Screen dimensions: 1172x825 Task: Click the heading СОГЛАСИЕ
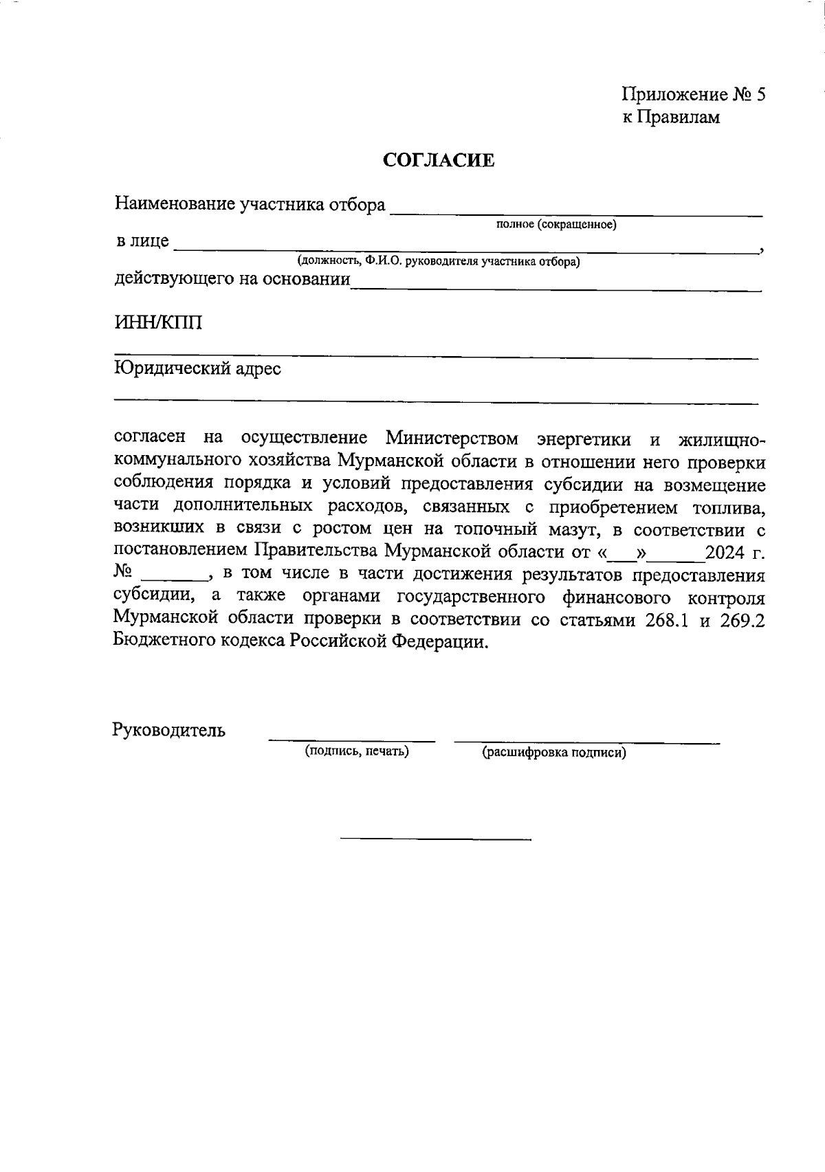click(439, 161)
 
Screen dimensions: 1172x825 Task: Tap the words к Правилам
click(671, 118)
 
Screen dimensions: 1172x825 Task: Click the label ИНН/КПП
click(158, 322)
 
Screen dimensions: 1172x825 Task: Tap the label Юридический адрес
click(197, 369)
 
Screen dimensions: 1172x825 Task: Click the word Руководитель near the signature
click(168, 729)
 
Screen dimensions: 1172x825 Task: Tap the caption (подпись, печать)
click(357, 751)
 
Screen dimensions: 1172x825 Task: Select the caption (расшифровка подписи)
click(554, 753)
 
